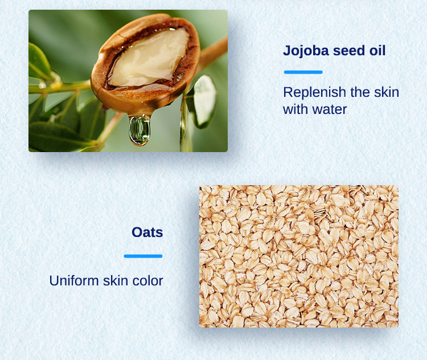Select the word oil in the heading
(377, 51)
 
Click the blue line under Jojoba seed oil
(303, 72)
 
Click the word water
(330, 109)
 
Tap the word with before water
(295, 109)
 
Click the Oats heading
(147, 232)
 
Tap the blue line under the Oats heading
(143, 256)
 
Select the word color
(148, 281)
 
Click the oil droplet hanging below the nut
(139, 130)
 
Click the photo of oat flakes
(298, 256)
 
